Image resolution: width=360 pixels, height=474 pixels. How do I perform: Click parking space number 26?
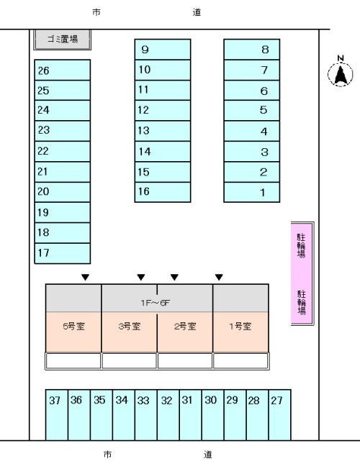(x=63, y=70)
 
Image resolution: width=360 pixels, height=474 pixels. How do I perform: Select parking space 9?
(x=163, y=50)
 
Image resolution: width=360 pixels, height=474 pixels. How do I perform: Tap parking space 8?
(x=252, y=50)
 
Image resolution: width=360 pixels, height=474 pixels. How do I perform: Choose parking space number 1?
(x=252, y=192)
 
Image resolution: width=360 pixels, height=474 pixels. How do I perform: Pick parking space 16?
(x=163, y=192)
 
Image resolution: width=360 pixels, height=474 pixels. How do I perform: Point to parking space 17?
(x=63, y=253)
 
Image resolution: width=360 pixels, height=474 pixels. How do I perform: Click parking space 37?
(x=57, y=415)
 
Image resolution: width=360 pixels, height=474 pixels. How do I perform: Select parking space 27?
(x=280, y=415)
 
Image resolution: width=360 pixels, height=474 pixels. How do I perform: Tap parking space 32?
(x=168, y=415)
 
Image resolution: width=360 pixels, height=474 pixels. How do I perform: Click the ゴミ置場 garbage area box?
(x=63, y=40)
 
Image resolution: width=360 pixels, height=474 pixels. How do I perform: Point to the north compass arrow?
(x=341, y=74)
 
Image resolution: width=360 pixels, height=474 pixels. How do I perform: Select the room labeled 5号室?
(x=73, y=332)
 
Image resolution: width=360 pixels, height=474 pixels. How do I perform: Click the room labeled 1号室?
(x=240, y=332)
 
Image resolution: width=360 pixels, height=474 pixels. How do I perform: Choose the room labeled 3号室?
(x=129, y=332)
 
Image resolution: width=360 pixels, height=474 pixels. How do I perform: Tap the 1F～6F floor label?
(x=156, y=303)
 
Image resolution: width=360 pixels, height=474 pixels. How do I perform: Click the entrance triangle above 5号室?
(x=85, y=277)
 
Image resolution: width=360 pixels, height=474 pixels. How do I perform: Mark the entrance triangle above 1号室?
(x=219, y=277)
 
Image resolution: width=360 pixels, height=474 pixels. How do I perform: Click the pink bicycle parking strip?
(x=302, y=273)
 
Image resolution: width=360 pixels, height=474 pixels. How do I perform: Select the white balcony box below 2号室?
(x=185, y=361)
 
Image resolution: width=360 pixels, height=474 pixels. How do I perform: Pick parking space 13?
(x=163, y=131)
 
